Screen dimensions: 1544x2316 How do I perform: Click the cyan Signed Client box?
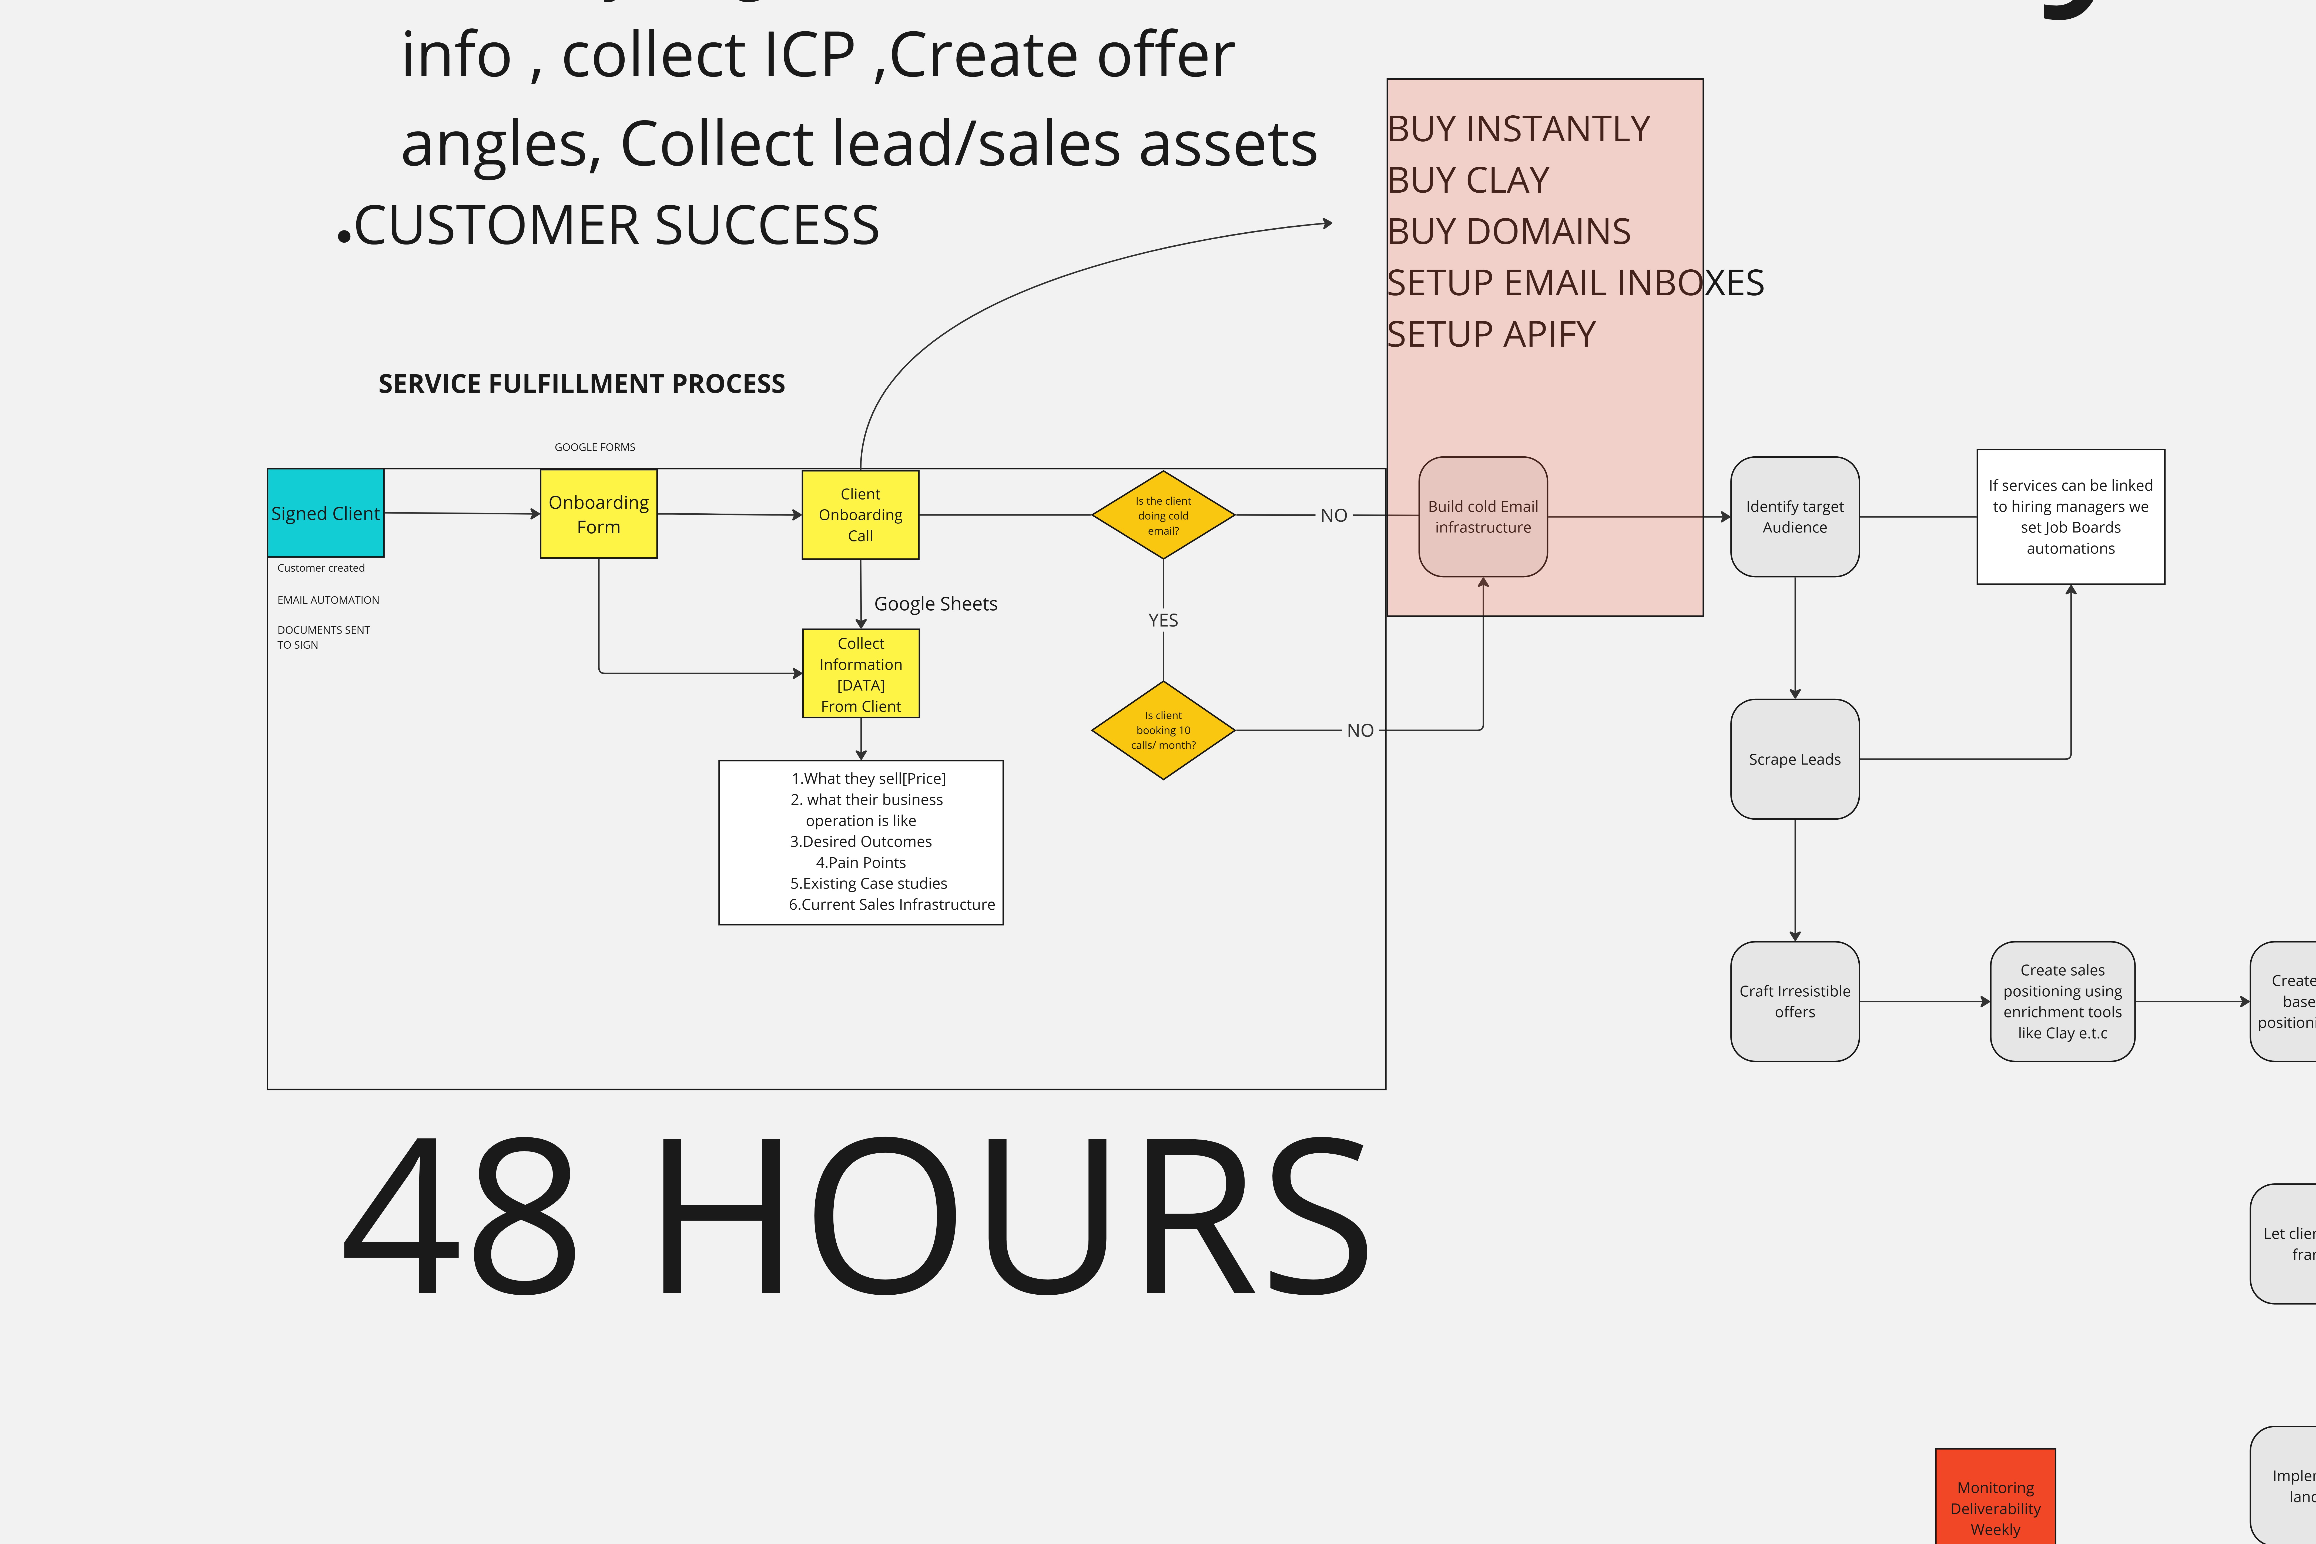(325, 513)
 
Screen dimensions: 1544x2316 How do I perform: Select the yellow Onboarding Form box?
(599, 514)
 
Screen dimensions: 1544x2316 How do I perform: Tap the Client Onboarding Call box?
(861, 515)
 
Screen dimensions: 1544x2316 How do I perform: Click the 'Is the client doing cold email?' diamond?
(1163, 515)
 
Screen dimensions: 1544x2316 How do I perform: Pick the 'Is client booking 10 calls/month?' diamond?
(1163, 730)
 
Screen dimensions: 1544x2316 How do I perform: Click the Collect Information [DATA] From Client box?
(861, 675)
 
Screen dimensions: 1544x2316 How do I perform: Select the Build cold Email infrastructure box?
(1483, 517)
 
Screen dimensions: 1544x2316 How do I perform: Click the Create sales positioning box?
(2062, 1002)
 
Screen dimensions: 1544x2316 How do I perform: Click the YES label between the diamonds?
(1163, 620)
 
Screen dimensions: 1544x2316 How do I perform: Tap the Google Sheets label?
(936, 604)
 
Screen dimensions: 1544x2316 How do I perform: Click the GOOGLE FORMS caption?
(595, 447)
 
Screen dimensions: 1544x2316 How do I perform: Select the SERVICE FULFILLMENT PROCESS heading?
(582, 384)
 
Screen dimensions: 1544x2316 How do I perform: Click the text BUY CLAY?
(1468, 180)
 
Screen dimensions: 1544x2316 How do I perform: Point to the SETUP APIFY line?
(1491, 335)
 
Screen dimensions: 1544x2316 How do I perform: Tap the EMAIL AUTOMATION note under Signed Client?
(328, 600)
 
